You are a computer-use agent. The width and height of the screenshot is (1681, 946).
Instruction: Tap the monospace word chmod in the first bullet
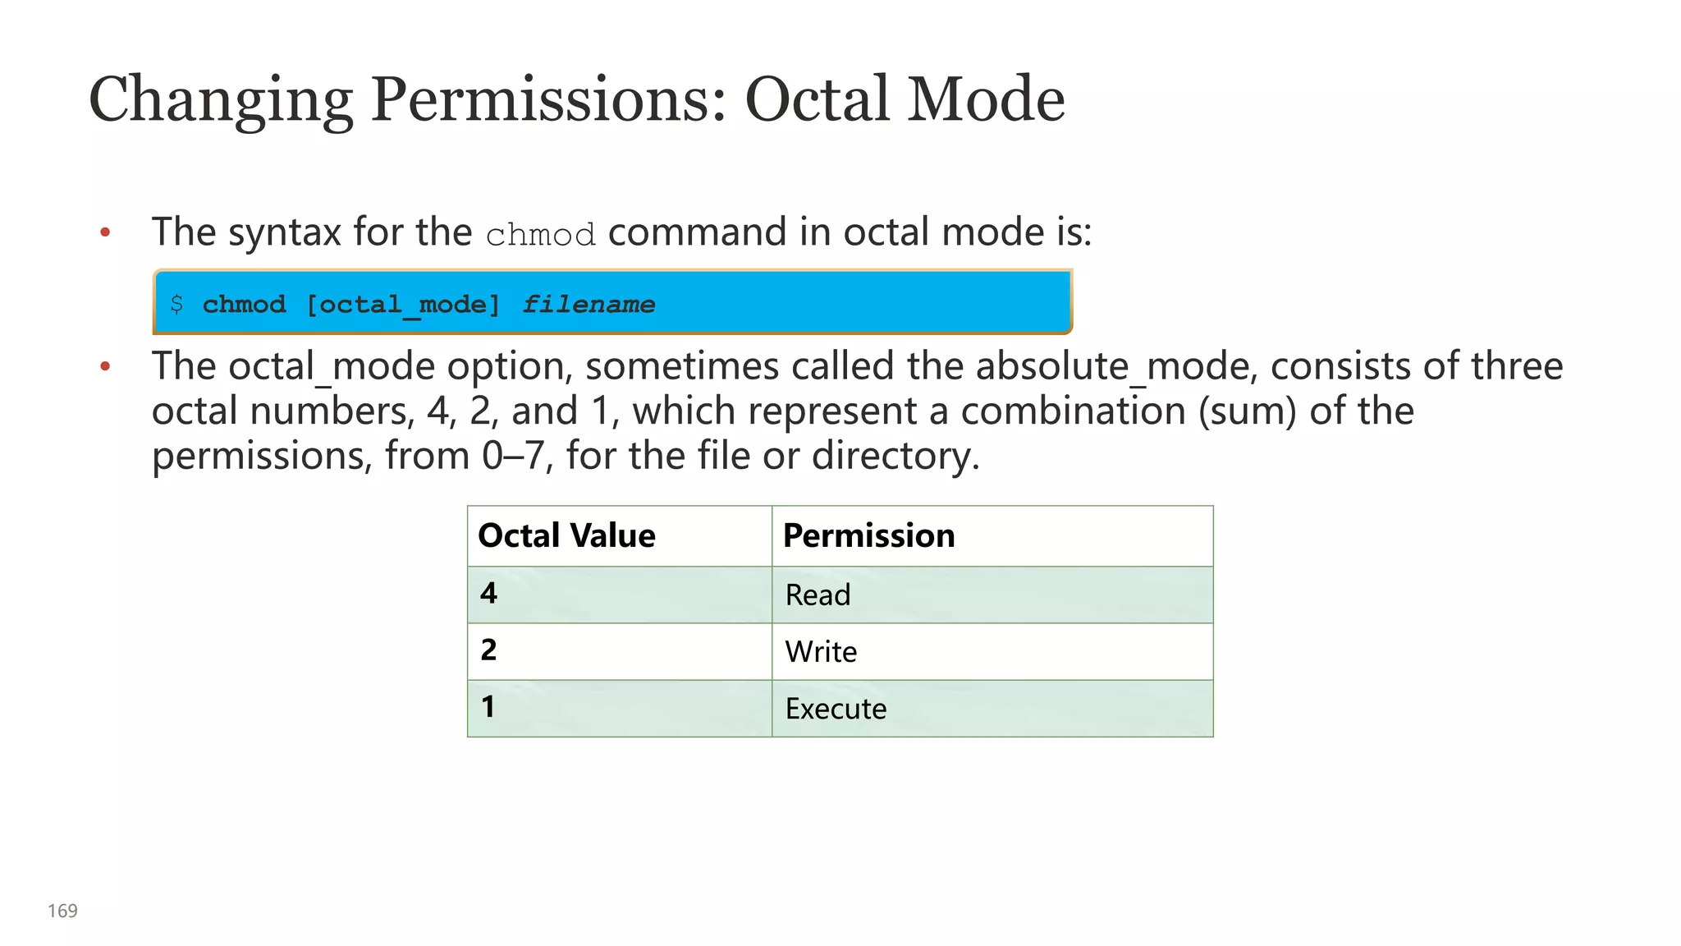[x=540, y=236]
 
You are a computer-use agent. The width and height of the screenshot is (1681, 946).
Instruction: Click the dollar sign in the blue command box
[x=176, y=305]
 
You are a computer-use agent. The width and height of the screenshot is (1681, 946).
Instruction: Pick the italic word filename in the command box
[x=589, y=305]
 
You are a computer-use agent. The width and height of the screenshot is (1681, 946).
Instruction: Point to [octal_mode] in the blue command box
[x=402, y=305]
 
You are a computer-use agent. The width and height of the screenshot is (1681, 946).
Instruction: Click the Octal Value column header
[x=566, y=535]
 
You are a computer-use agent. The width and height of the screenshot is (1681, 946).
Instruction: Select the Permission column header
[x=868, y=535]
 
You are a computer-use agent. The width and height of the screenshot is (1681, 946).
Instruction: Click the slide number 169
[x=62, y=911]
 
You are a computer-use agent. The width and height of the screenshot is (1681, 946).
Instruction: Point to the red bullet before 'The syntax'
[x=105, y=233]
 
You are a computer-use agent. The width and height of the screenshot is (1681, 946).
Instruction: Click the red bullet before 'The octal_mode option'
[x=105, y=366]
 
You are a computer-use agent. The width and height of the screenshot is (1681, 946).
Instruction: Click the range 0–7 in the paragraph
[x=512, y=456]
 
